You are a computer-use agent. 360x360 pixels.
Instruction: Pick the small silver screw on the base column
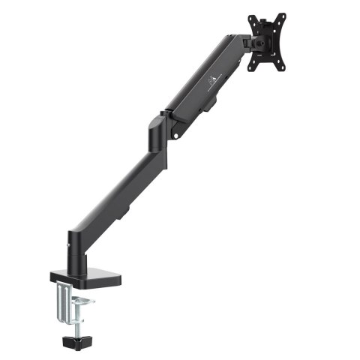pyautogui.click(x=69, y=243)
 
